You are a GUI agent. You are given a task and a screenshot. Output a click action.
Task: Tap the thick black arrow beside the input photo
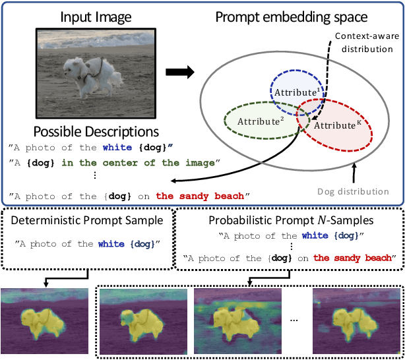coord(178,72)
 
